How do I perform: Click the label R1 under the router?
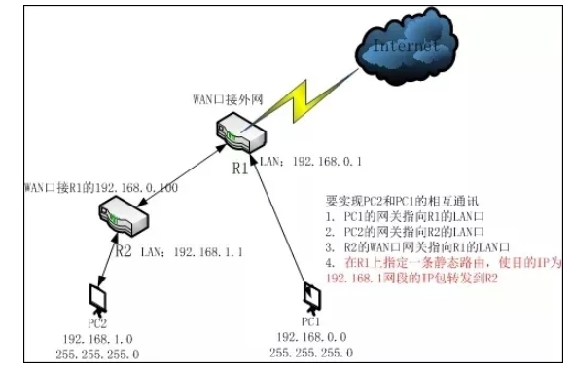(x=238, y=168)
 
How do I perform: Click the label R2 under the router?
(x=125, y=250)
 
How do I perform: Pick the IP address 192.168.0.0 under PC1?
(x=310, y=337)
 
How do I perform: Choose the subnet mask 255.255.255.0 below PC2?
(x=95, y=354)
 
